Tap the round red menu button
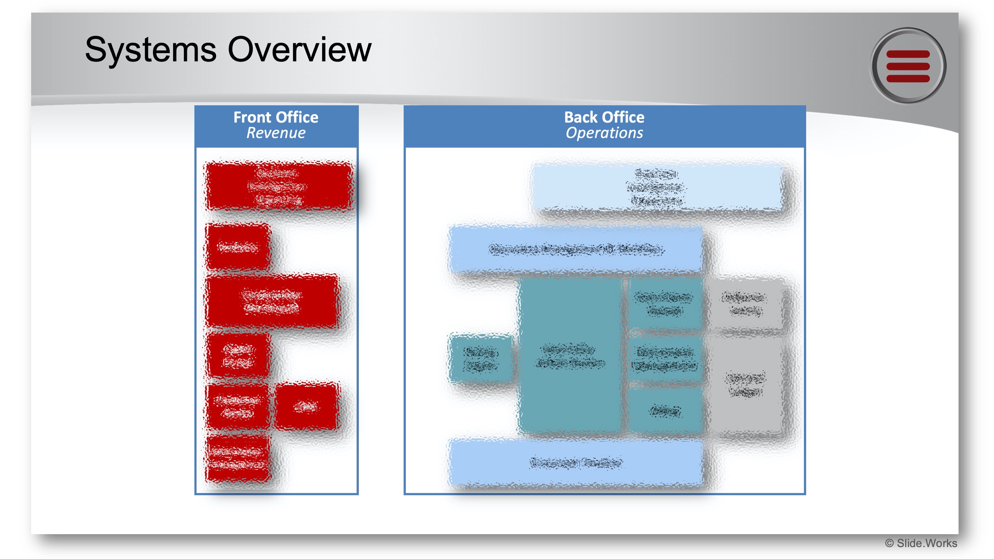click(908, 66)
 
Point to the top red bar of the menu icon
click(908, 55)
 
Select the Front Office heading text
click(276, 117)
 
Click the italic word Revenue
click(276, 133)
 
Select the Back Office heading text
click(604, 117)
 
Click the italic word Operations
click(604, 133)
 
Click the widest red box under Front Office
click(279, 186)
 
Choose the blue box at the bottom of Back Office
click(575, 462)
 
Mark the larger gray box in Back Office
click(745, 386)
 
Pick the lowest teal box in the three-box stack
click(664, 411)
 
